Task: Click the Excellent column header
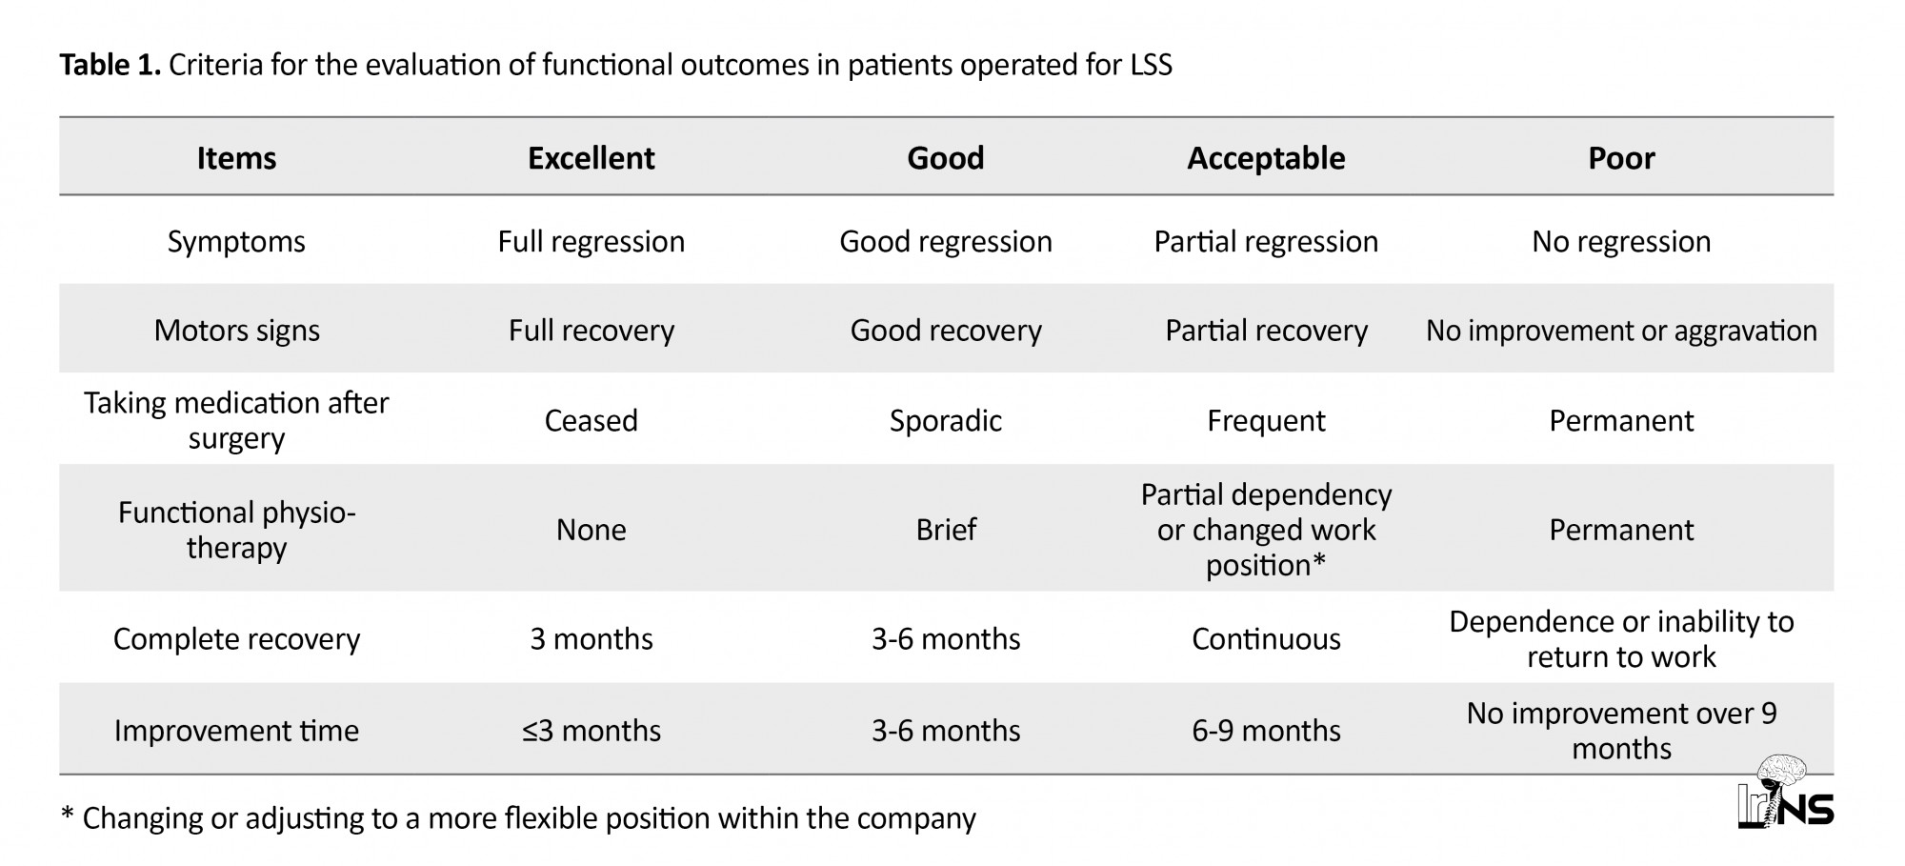click(591, 158)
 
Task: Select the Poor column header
click(1621, 158)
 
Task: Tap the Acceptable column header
click(1266, 158)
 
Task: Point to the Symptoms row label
click(236, 242)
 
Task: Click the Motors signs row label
click(236, 331)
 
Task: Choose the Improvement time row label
click(236, 731)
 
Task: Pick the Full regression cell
click(591, 242)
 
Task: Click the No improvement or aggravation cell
click(1621, 331)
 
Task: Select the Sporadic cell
click(945, 421)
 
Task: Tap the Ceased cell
click(591, 421)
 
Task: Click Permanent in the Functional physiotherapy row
click(1621, 530)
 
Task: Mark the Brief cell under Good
click(945, 530)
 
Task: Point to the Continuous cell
click(1266, 639)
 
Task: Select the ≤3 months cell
click(591, 731)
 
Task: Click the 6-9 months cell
click(1266, 731)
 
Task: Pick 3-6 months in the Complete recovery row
click(945, 639)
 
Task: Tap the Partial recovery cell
click(1266, 331)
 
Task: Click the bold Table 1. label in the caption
click(110, 65)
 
